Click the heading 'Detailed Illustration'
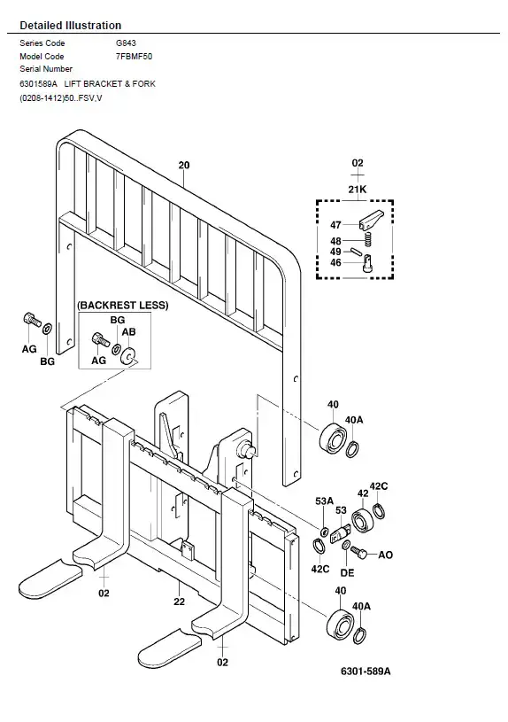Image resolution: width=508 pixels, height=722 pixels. [x=71, y=26]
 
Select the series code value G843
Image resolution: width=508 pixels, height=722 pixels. [x=126, y=43]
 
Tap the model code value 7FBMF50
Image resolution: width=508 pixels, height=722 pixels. [x=134, y=57]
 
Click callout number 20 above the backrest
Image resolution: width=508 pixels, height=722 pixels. [x=184, y=165]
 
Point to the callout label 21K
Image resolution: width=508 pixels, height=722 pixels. [x=358, y=190]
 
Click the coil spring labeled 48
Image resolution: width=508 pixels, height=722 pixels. [x=367, y=239]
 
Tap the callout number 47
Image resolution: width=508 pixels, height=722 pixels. [x=336, y=225]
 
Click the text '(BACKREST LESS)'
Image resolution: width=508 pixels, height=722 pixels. [x=122, y=306]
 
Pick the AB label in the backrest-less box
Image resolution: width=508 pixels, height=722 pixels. [x=129, y=332]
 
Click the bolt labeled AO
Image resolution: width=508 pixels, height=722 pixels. [x=358, y=551]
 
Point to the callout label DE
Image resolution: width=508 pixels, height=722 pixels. [x=348, y=573]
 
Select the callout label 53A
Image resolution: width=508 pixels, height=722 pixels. [x=325, y=501]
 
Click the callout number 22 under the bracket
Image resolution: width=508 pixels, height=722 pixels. [x=180, y=602]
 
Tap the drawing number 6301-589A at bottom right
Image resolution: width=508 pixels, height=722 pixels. [x=366, y=672]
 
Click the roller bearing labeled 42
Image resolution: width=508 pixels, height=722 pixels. [x=362, y=520]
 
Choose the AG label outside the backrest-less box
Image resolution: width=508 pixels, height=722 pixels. [x=29, y=349]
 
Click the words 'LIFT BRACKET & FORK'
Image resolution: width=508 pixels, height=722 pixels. [x=110, y=84]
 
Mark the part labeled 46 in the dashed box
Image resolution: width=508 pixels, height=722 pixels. [x=367, y=264]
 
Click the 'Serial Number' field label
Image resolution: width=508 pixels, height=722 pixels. [x=46, y=69]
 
